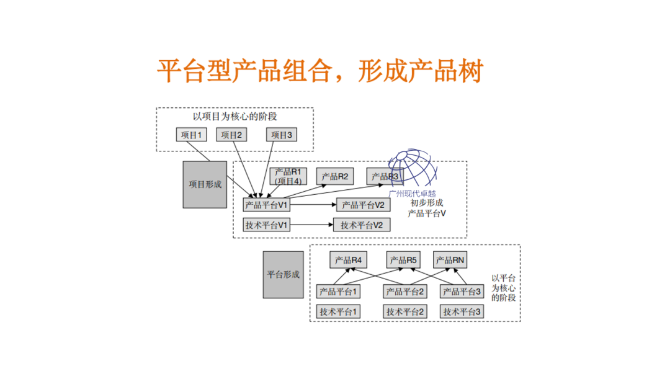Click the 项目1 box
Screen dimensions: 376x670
[x=191, y=135]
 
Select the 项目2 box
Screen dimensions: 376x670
[x=231, y=135]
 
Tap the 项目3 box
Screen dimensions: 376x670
[x=282, y=135]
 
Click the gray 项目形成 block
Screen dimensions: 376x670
[x=205, y=184]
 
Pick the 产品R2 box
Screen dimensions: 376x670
[x=335, y=177]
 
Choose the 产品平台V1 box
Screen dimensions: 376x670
[x=267, y=205]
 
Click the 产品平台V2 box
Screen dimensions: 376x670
[x=363, y=205]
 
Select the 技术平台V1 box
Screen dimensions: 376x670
[x=267, y=225]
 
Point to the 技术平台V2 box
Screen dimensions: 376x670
[x=362, y=225]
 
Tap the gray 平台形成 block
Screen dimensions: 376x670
[x=283, y=274]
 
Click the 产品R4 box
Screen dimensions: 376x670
[x=347, y=261]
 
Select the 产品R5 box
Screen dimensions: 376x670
[x=404, y=261]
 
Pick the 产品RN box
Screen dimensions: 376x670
[x=450, y=261]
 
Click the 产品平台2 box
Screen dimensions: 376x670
[x=404, y=291]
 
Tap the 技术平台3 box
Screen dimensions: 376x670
[x=462, y=311]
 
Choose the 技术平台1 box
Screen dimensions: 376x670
[x=338, y=311]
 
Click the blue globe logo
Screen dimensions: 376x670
[x=412, y=169]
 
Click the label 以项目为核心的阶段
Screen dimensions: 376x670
[x=235, y=117]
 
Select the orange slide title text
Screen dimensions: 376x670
[x=319, y=72]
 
